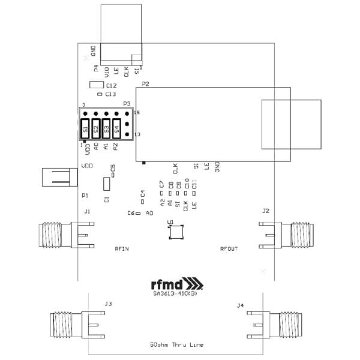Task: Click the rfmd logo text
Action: tap(170, 284)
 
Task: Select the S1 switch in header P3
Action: tap(86, 128)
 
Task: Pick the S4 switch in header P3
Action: tap(117, 128)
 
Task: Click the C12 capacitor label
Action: tap(111, 86)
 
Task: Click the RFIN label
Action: tap(122, 247)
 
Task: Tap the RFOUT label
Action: tap(229, 247)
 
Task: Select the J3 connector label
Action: tap(109, 304)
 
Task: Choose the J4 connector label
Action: tap(241, 305)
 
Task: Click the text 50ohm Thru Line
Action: tap(176, 345)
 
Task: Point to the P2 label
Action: tap(145, 84)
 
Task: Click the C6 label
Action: tap(131, 213)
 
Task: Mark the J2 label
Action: tap(266, 211)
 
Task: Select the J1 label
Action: tap(88, 212)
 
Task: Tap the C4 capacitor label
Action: tap(143, 194)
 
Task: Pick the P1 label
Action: tap(85, 196)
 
